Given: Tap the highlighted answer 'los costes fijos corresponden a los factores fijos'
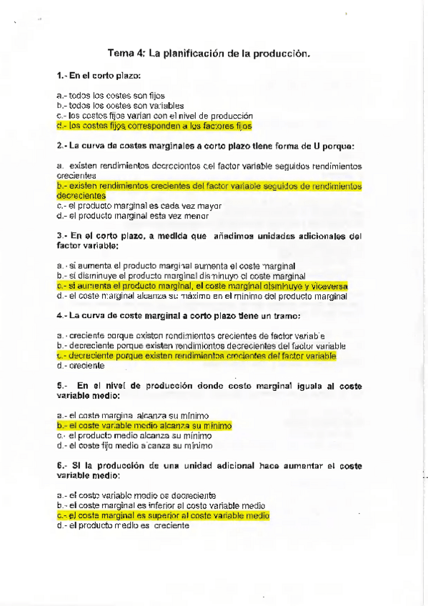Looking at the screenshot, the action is [154, 125].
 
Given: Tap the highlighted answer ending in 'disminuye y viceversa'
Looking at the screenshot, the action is [202, 285].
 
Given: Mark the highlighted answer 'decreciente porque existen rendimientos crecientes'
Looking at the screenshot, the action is [196, 355].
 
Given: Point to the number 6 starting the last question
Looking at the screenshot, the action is [58, 465].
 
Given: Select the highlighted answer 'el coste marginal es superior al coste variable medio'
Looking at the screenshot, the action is [162, 515].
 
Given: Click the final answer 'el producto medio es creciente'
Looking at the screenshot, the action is [122, 525].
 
